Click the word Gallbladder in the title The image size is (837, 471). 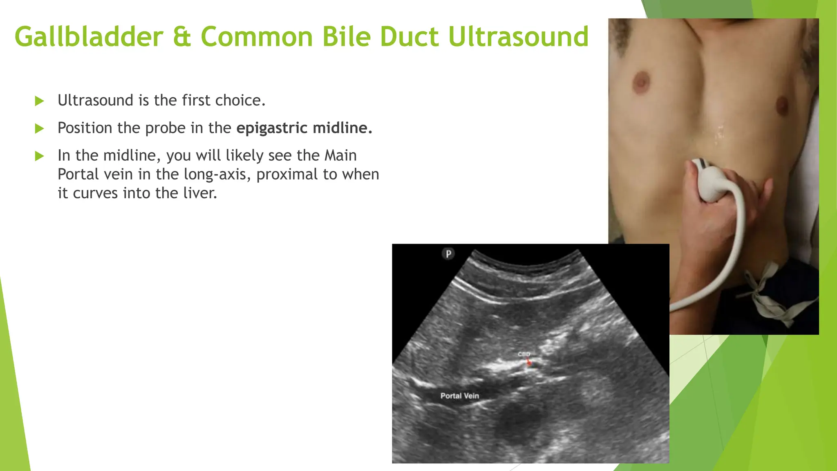(x=89, y=37)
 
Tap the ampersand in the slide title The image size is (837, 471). (x=182, y=37)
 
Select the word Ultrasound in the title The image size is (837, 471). (x=518, y=37)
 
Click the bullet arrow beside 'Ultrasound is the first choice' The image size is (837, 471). (x=39, y=101)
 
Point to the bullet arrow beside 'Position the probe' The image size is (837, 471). (x=39, y=129)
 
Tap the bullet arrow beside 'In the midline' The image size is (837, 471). (x=39, y=156)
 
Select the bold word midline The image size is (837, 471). (x=342, y=128)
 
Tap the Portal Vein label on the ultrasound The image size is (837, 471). (x=459, y=396)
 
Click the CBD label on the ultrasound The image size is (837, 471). (x=524, y=354)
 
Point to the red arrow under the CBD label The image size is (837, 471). (x=528, y=362)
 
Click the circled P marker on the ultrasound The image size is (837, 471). (x=448, y=254)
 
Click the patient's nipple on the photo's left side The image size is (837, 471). (x=641, y=81)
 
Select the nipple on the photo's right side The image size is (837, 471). (x=781, y=105)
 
